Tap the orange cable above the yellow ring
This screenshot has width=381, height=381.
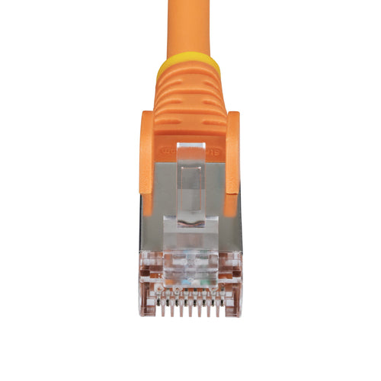[189, 27]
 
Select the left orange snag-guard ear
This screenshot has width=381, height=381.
[146, 160]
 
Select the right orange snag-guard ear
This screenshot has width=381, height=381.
[234, 160]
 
